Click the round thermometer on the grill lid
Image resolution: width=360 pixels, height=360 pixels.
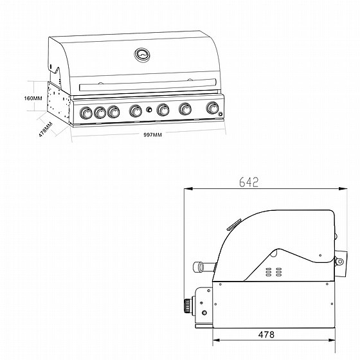(141, 55)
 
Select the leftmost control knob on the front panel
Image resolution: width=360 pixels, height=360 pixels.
(86, 113)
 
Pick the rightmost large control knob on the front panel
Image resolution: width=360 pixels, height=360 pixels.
(212, 109)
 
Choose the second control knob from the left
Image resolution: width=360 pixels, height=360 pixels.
(100, 113)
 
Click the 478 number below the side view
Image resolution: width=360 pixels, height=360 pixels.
(273, 335)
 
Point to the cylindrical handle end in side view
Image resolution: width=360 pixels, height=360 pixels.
(201, 265)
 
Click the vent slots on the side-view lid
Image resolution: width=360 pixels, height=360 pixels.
(274, 272)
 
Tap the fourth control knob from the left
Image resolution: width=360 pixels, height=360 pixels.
(136, 111)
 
